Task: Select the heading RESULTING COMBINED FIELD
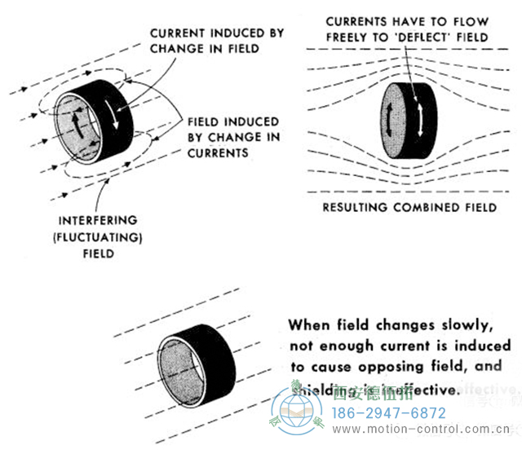coord(409,208)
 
